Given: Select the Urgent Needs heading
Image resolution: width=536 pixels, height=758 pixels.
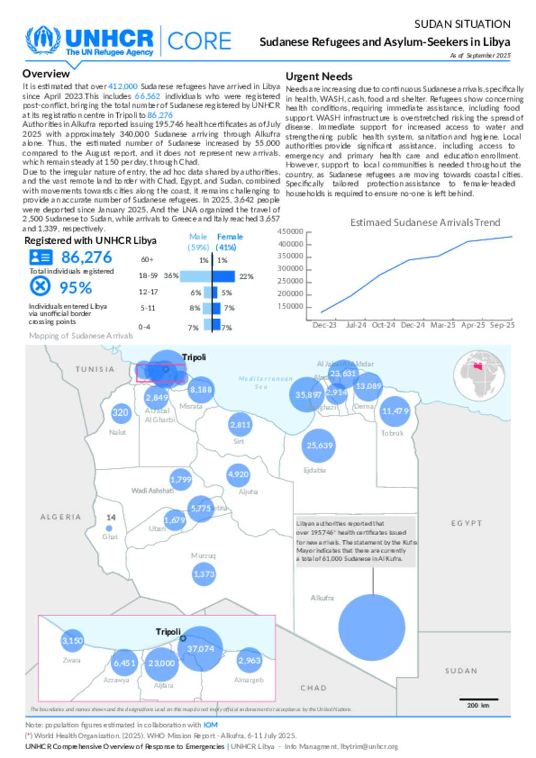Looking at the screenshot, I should (319, 76).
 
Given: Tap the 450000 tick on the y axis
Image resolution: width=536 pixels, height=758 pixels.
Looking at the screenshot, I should (291, 232).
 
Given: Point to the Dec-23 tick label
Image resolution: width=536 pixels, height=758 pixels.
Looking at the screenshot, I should (324, 325).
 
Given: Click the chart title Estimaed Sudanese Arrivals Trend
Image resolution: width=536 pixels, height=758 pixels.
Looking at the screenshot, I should (425, 223).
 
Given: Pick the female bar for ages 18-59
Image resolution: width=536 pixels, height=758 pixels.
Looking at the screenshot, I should (224, 276).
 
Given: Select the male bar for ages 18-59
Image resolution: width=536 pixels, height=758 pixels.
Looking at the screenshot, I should (196, 276).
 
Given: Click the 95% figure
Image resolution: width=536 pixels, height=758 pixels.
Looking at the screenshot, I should (76, 288).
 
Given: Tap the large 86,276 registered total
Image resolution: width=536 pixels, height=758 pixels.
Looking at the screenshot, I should (86, 257).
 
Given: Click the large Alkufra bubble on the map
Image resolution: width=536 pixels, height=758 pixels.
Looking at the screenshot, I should (372, 627).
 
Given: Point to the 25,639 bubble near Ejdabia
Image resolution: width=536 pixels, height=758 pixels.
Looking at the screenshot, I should (319, 446).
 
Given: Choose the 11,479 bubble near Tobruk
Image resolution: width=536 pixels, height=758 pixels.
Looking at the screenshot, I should (395, 411).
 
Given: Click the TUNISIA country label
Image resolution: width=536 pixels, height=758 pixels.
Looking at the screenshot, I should (95, 369).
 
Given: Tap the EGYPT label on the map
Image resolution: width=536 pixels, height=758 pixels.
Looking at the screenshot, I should (466, 523).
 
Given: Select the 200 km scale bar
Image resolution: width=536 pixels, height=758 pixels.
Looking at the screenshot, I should (478, 699).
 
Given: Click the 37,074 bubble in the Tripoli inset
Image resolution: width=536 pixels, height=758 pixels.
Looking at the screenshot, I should (200, 649).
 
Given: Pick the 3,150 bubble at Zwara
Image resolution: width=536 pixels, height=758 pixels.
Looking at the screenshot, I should (72, 641).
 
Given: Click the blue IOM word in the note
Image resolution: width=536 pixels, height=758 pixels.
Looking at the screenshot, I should (210, 725).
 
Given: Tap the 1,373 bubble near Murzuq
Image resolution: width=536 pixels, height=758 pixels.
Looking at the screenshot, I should (204, 574).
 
